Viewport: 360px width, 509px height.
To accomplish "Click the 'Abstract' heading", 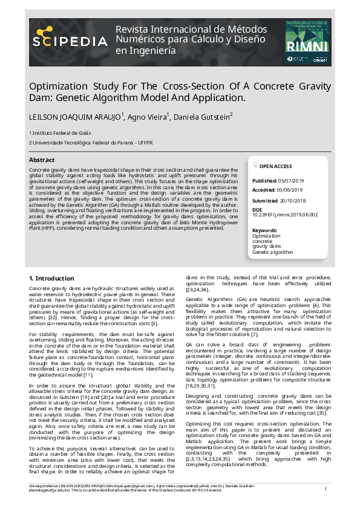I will [x=42, y=160].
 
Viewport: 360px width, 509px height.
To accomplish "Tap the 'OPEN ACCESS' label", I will [x=275, y=166].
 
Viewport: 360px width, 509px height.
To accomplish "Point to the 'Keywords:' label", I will [x=264, y=230].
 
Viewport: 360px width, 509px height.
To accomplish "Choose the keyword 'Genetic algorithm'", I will [x=272, y=251].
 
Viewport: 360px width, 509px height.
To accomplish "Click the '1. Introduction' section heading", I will [x=51, y=278].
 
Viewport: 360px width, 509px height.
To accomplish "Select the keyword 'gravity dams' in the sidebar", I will [x=267, y=246].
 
